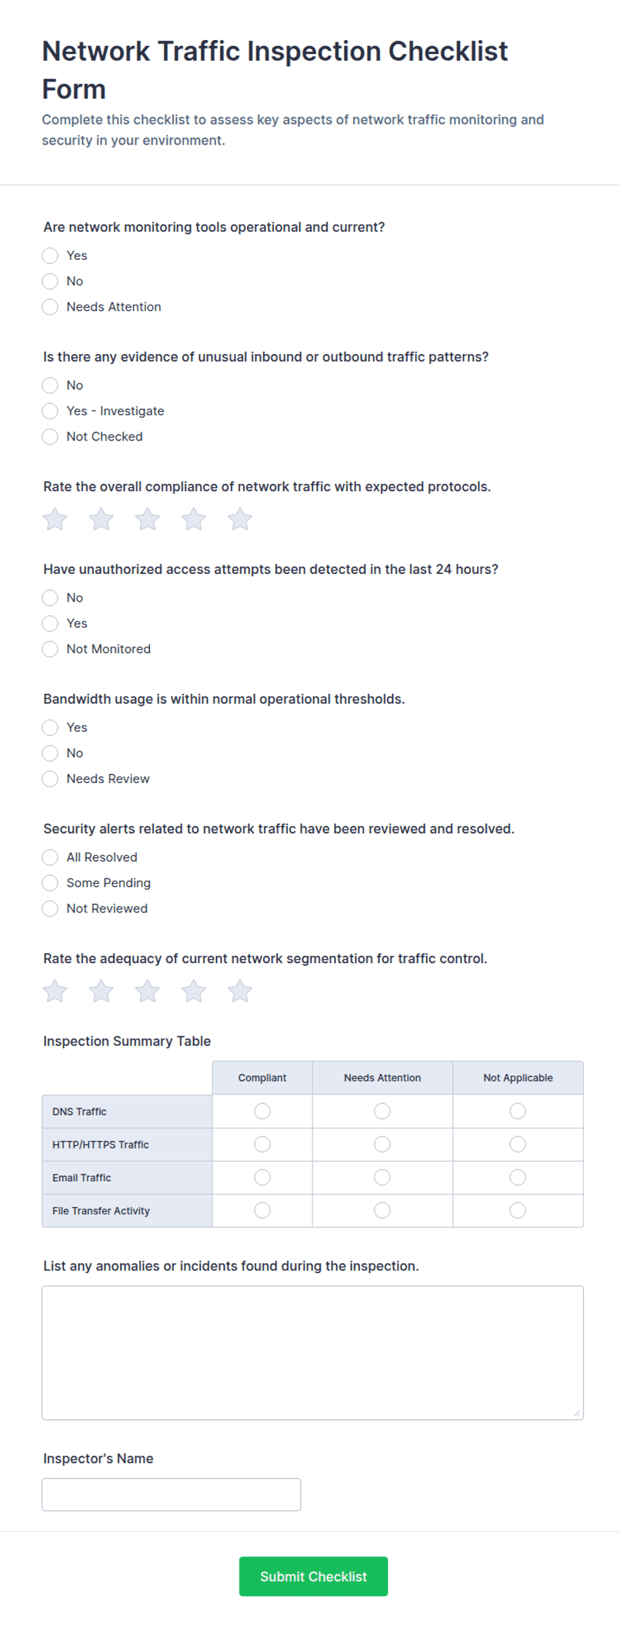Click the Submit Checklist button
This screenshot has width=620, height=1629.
(x=313, y=1576)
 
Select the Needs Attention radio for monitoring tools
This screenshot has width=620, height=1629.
(x=50, y=307)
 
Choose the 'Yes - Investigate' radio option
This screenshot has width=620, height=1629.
(x=50, y=411)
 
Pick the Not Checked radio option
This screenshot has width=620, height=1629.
(x=50, y=437)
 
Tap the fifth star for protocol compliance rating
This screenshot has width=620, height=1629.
(x=240, y=519)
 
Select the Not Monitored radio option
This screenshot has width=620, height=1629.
(x=50, y=649)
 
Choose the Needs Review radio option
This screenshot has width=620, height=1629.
(x=50, y=779)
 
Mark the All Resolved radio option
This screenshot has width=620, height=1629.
(x=50, y=857)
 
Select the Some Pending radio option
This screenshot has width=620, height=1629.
(x=50, y=882)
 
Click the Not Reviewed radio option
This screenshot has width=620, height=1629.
(x=50, y=908)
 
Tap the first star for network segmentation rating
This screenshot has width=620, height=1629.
(x=55, y=991)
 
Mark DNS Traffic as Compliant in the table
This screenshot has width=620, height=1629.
(x=263, y=1111)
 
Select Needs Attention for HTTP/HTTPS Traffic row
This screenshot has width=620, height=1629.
(x=382, y=1144)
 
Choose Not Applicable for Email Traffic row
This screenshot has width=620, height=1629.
(x=518, y=1178)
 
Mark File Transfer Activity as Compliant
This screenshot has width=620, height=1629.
(x=263, y=1210)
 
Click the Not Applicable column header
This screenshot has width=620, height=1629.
(x=518, y=1078)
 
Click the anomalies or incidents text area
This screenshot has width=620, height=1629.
(x=313, y=1352)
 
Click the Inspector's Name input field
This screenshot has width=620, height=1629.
(x=171, y=1494)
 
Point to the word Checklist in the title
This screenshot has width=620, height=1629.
(x=448, y=51)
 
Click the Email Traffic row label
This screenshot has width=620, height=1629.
(x=82, y=1178)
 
